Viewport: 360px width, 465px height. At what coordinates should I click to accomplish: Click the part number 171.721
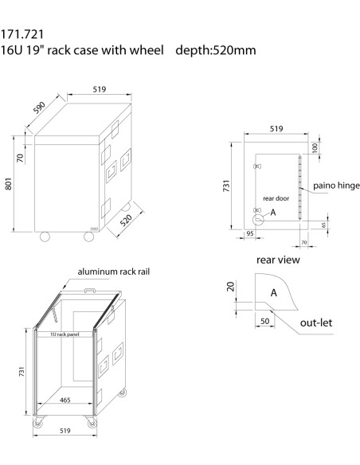point(22,34)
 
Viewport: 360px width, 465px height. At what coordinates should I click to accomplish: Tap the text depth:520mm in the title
point(217,50)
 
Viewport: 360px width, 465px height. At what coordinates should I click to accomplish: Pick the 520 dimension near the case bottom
point(126,220)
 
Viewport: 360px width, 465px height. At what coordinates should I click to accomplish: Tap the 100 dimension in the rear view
point(314,149)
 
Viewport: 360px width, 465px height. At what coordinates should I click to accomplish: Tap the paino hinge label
point(336,186)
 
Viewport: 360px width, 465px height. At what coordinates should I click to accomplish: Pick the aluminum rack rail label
point(112,272)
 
